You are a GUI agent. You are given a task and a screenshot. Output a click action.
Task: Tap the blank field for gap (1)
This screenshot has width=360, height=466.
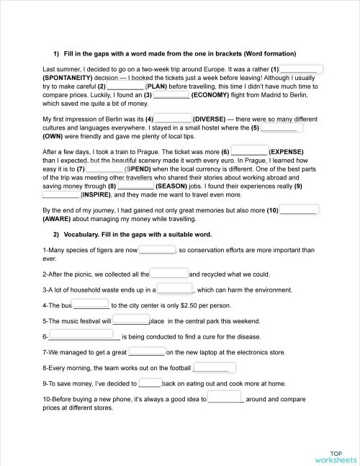pyautogui.click(x=302, y=69)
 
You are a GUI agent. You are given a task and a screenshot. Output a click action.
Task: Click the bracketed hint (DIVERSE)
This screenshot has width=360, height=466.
pyautogui.click(x=216, y=119)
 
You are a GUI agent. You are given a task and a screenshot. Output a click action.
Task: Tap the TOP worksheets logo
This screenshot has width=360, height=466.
pyautogui.click(x=335, y=457)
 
